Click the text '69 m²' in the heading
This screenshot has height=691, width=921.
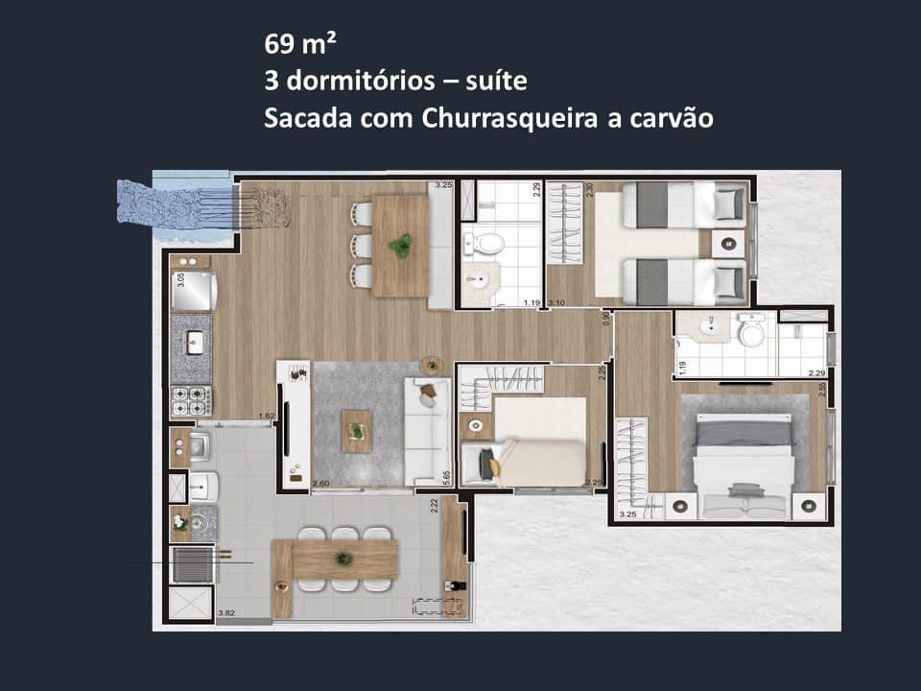tap(300, 44)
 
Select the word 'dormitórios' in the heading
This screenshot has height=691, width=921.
tap(357, 82)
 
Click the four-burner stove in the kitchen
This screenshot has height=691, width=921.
tap(191, 399)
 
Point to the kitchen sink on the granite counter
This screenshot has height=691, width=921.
tap(193, 341)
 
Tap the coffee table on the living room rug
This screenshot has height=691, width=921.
tap(357, 430)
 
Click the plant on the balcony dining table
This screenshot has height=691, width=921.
tap(343, 559)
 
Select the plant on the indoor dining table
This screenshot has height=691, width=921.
tap(400, 246)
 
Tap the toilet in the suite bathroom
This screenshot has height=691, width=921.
tap(750, 333)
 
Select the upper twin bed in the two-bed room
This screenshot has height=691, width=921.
tap(683, 204)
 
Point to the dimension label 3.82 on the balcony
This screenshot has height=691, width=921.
tap(226, 613)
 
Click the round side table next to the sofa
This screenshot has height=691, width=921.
tap(431, 366)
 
